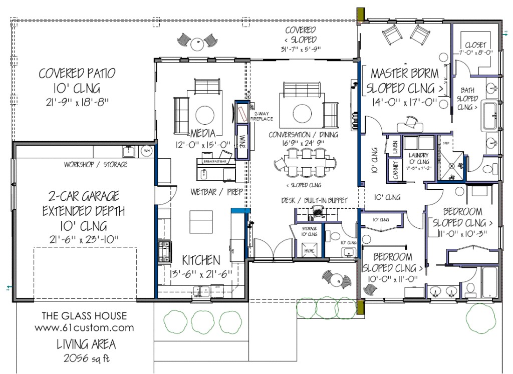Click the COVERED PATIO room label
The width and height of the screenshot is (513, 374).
pos(77,74)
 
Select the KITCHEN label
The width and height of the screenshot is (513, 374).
pos(200,260)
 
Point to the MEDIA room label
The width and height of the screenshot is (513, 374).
pos(202,134)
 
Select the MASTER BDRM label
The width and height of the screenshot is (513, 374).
pos(404,74)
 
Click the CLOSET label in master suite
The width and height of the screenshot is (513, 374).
pos(475,45)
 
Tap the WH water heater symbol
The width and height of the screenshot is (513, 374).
pos(147,150)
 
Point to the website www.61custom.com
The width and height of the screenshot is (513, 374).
pos(84,328)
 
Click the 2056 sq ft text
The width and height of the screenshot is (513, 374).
pos(84,358)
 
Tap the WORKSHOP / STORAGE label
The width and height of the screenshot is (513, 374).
pos(95,164)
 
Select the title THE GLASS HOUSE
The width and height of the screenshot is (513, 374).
pos(84,316)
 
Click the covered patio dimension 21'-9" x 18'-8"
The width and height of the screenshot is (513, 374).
pos(77,103)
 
